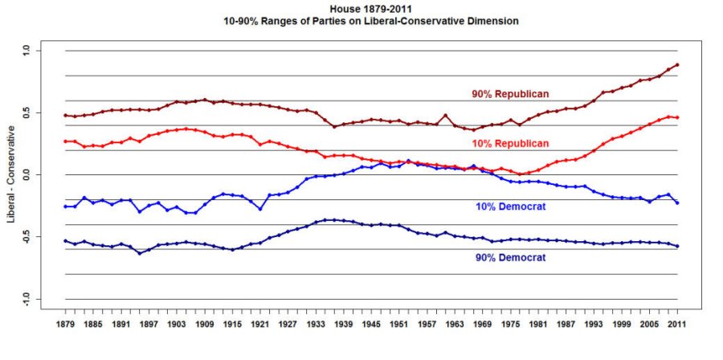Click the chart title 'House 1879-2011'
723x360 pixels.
370,9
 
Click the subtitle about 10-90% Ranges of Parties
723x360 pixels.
370,21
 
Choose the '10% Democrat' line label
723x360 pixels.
510,207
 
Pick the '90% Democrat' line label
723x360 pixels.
510,258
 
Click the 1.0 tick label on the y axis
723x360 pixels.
25,51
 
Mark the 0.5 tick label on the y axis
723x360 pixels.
25,112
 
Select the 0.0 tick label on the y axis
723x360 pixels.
25,174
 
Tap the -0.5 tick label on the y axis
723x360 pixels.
25,237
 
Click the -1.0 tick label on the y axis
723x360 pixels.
25,299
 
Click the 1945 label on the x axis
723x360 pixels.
371,325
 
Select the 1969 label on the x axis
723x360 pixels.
480,325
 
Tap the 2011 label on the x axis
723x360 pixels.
677,325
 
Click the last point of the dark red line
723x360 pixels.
677,64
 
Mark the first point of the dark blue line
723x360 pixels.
65,240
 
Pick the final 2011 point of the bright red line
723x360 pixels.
677,117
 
